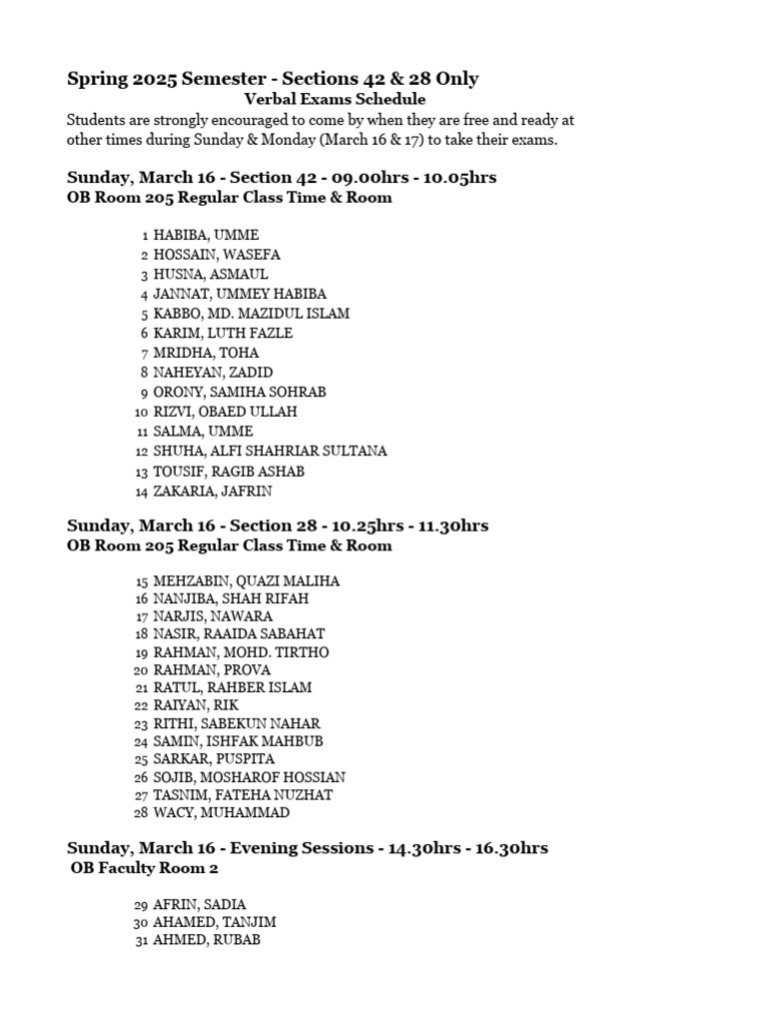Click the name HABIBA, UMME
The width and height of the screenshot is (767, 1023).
click(x=206, y=235)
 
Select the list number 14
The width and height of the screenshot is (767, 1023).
click(x=140, y=492)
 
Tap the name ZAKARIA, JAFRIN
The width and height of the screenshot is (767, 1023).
click(x=213, y=492)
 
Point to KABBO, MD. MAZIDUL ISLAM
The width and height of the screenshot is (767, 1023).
click(x=252, y=314)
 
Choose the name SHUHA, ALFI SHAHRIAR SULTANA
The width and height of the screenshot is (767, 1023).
click(x=270, y=452)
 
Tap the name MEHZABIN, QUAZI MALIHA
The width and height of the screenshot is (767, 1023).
click(x=247, y=580)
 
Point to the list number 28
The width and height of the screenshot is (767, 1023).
click(x=141, y=813)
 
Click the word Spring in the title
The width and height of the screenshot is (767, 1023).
click(x=94, y=78)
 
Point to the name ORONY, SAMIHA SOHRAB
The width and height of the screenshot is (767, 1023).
click(x=240, y=393)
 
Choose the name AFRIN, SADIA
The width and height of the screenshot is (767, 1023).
click(x=200, y=904)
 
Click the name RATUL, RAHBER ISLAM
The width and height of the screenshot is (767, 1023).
click(x=233, y=687)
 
